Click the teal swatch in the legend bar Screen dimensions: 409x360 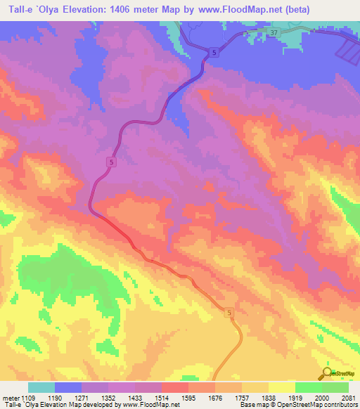pyautogui.click(x=41, y=387)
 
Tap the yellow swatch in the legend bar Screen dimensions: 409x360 pyautogui.click(x=281, y=387)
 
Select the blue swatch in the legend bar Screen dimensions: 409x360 pyautogui.click(x=68, y=387)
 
